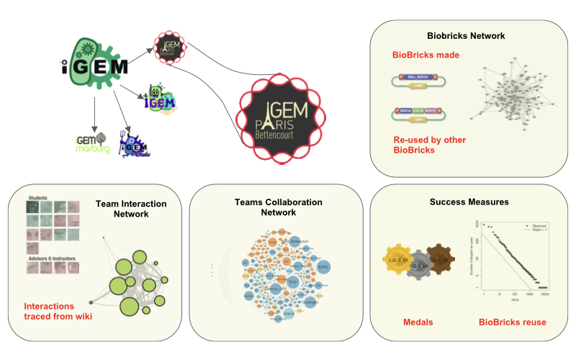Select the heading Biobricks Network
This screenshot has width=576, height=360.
[x=466, y=35]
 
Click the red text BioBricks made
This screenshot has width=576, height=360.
[x=426, y=55]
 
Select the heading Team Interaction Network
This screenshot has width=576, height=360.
[x=132, y=209]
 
